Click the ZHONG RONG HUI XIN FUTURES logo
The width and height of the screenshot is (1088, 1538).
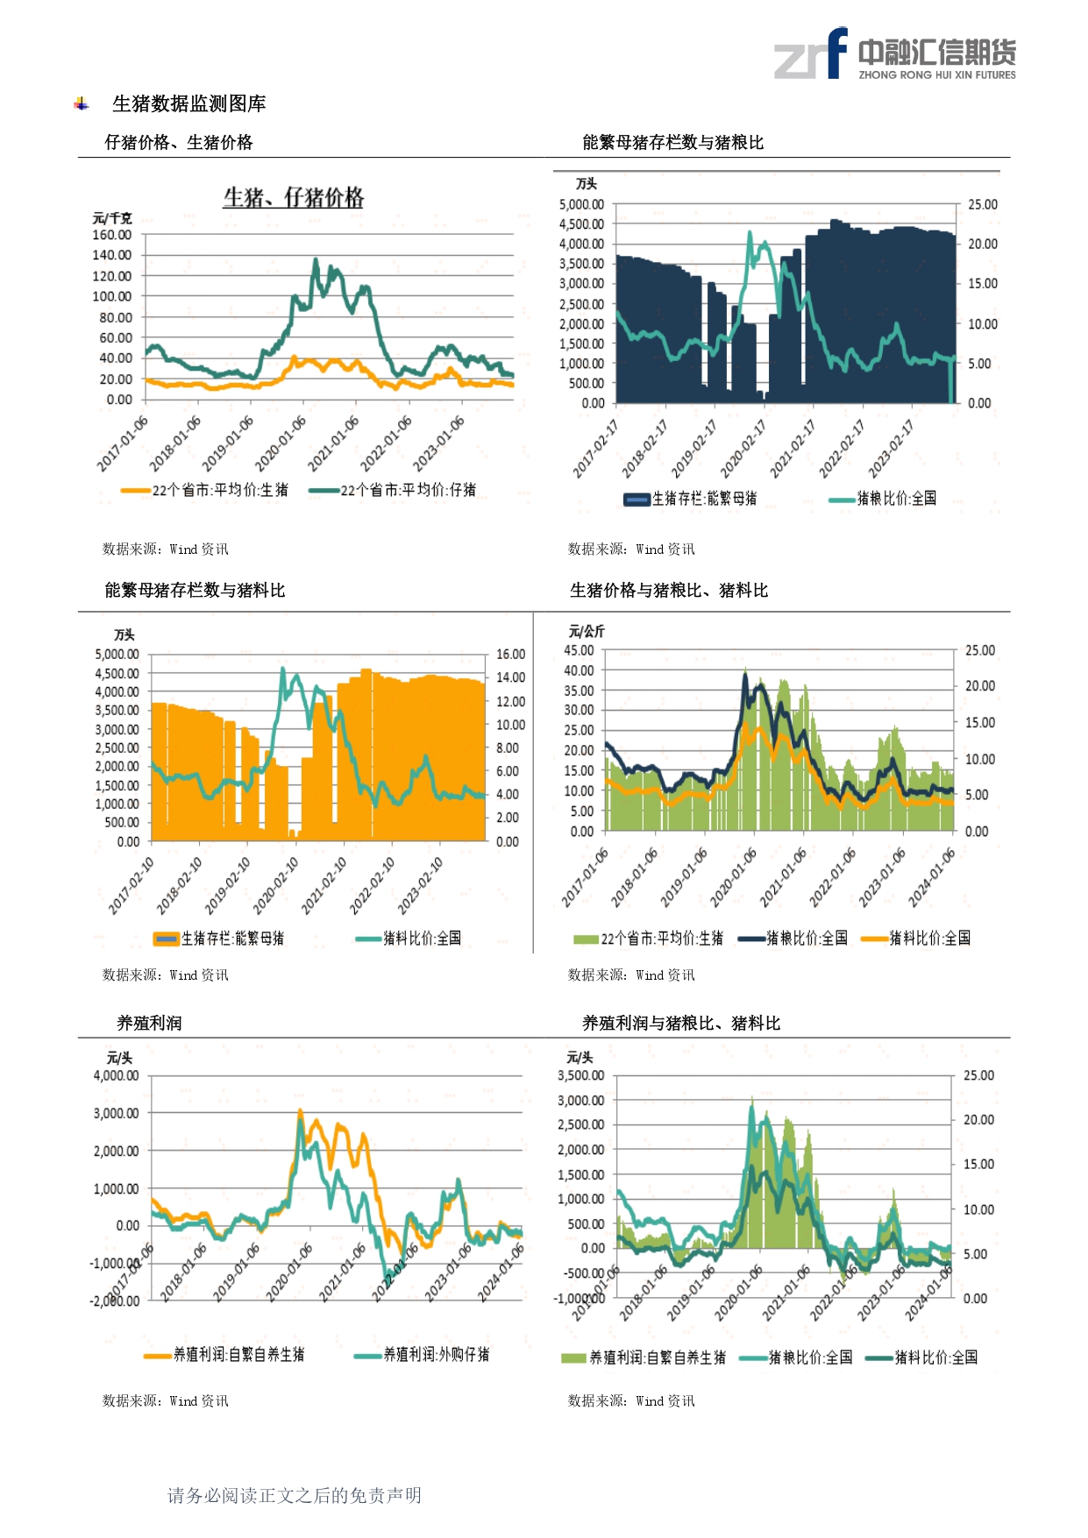894,54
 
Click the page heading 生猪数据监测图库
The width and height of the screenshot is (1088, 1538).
188,104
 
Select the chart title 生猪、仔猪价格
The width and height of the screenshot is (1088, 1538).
293,198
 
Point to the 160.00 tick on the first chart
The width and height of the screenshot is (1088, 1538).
112,235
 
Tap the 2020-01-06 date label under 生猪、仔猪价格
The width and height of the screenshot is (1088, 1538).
281,443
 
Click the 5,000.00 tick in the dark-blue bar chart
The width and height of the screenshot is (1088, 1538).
581,205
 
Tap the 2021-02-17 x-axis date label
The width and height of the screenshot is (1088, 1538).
793,449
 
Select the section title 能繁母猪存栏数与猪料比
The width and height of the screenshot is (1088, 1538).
195,591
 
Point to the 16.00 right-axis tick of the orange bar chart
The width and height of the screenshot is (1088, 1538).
510,655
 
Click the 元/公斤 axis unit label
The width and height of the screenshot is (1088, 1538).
587,631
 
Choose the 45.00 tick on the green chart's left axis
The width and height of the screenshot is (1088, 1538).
579,651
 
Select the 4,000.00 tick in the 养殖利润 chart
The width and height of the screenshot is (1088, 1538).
116,1076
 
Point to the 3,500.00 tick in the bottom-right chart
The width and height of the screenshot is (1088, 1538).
580,1076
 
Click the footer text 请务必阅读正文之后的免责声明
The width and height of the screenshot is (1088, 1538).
295,1496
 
